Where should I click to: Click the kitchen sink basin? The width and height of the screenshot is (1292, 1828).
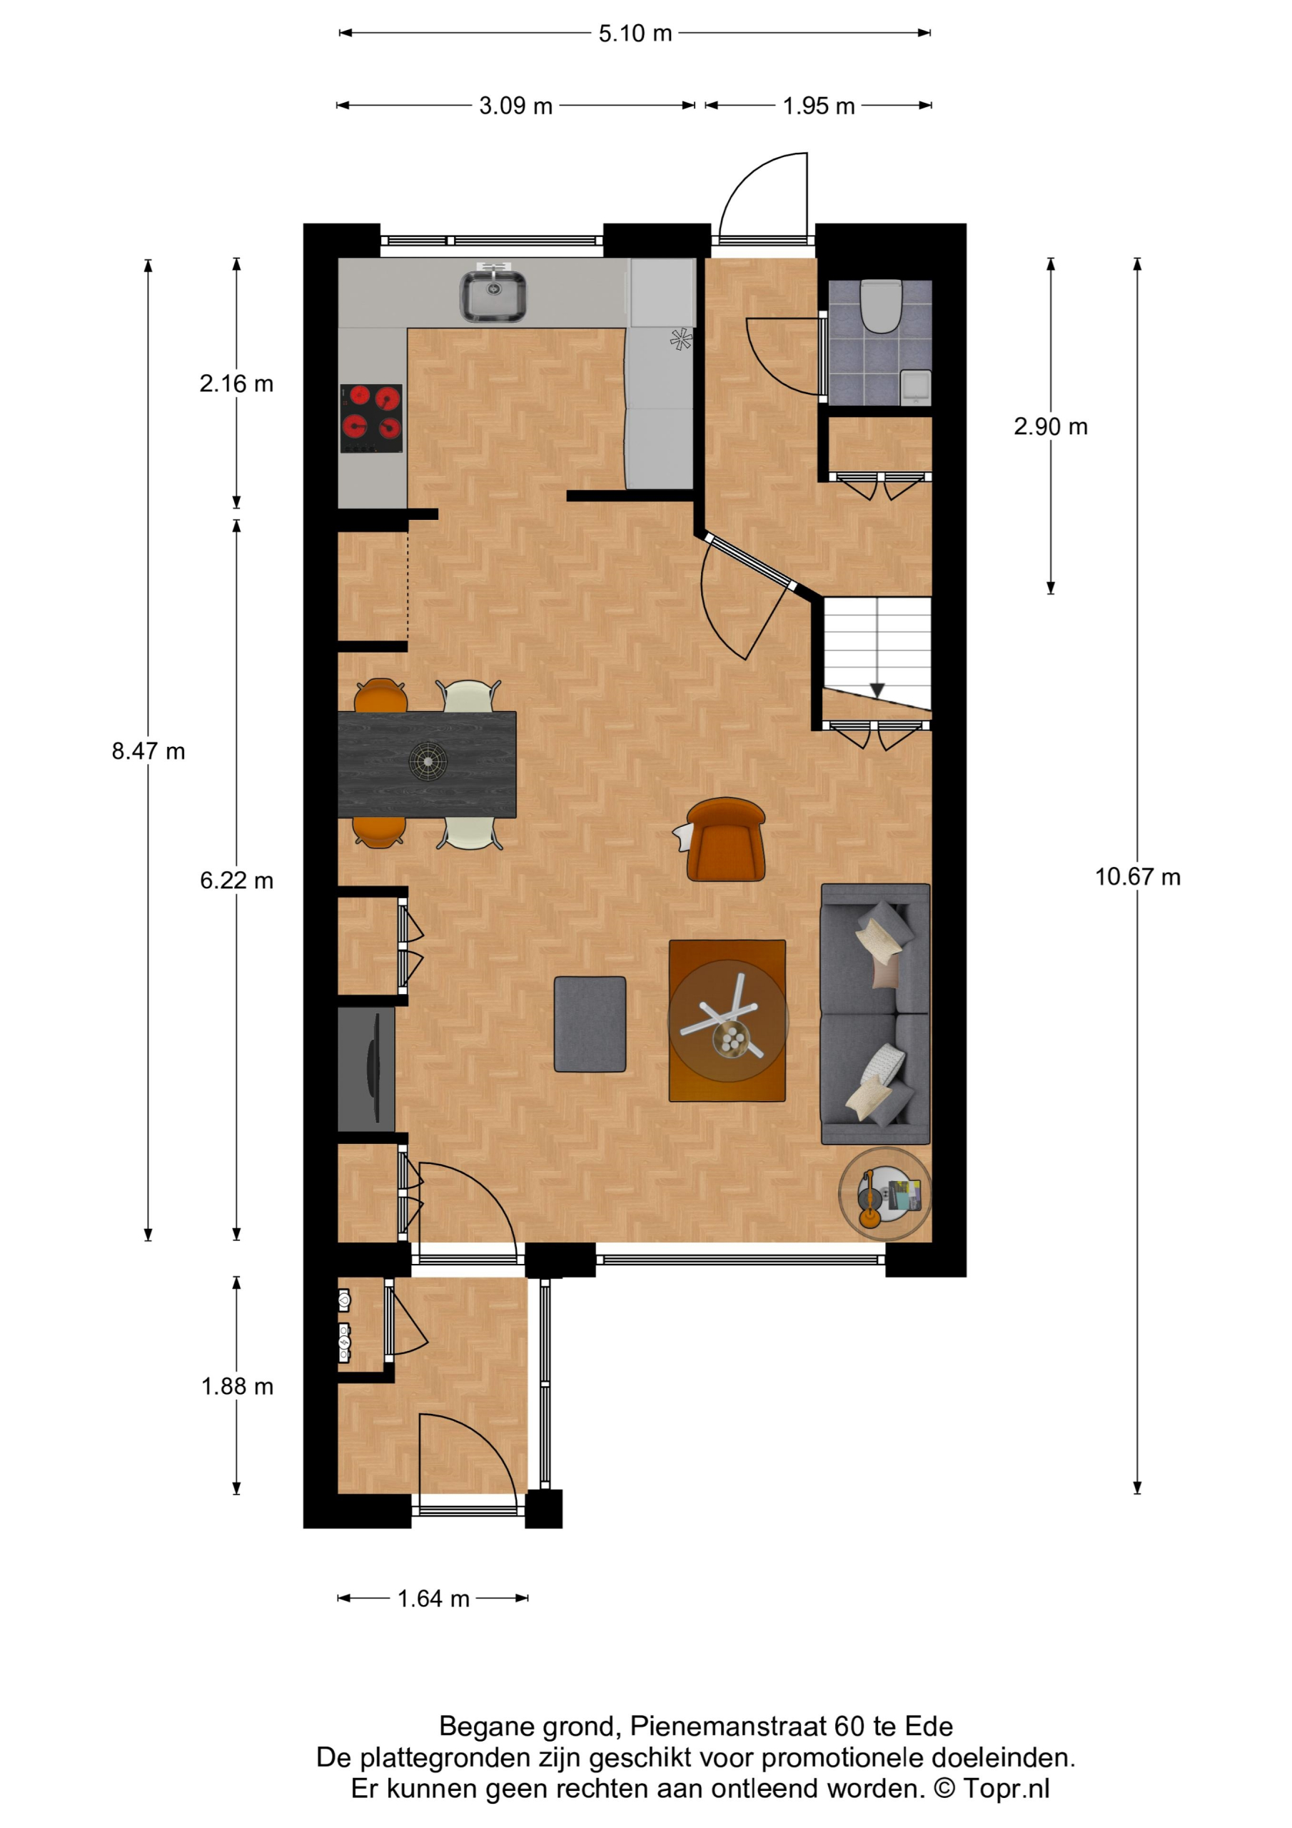(493, 296)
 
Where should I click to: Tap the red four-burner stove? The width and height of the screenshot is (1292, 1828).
(372, 418)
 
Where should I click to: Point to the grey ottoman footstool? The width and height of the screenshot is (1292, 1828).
(590, 1024)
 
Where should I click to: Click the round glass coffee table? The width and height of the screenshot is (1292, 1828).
(727, 1020)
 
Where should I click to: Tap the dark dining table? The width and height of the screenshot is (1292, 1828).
(427, 764)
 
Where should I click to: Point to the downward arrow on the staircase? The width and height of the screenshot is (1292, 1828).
(877, 690)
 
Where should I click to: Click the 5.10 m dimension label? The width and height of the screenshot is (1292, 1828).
(635, 34)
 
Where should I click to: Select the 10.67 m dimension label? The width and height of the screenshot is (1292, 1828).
(1138, 877)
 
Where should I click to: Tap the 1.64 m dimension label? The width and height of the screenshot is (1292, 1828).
(433, 1599)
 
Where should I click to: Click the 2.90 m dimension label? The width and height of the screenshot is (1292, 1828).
(1051, 427)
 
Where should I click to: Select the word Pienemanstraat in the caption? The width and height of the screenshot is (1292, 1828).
(727, 1726)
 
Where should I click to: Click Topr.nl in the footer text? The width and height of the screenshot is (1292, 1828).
(1006, 1788)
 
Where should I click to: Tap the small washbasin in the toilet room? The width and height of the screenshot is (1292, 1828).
(916, 386)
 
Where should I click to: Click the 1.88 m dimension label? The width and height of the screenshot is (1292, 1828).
(237, 1386)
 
